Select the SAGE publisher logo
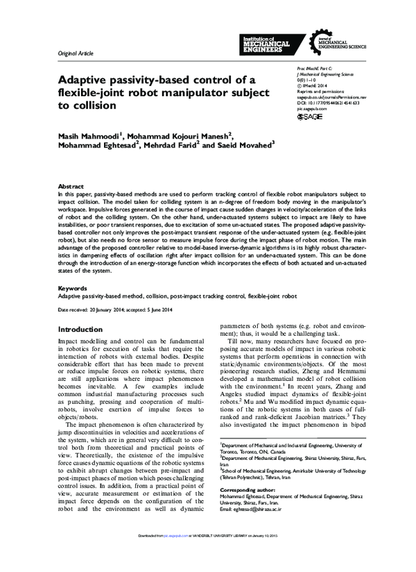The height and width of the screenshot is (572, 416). coord(310,118)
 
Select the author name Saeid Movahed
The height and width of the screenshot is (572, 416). coord(248,146)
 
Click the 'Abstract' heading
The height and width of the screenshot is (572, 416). coord(71,187)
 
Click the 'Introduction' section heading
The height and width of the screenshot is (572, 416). coord(80,329)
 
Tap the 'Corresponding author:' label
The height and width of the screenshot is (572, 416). coord(247,510)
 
